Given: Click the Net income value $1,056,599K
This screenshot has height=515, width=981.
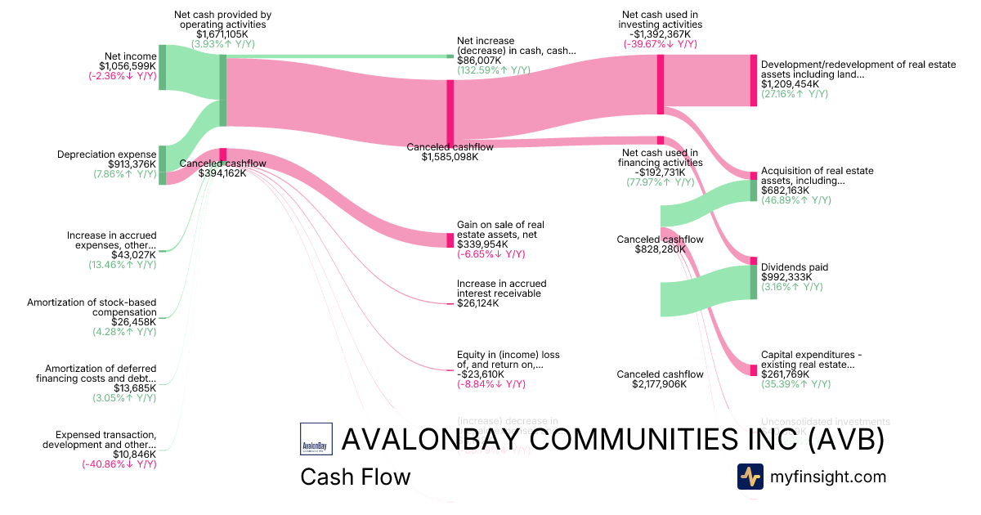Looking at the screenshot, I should (127, 66).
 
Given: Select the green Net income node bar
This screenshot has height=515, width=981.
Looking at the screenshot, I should (162, 67).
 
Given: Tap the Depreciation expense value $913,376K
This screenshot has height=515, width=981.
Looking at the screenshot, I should (126, 164).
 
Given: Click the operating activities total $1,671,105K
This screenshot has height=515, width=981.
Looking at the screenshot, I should (222, 34).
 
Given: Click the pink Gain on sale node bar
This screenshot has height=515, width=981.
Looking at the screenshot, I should (450, 240).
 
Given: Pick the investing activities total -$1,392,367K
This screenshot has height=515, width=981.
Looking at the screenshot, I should (660, 34).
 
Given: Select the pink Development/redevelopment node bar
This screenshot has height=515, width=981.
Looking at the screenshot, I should (753, 80).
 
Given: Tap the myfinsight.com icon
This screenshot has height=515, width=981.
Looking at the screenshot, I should (750, 477).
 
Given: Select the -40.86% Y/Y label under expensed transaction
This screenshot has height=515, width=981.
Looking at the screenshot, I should (119, 464).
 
